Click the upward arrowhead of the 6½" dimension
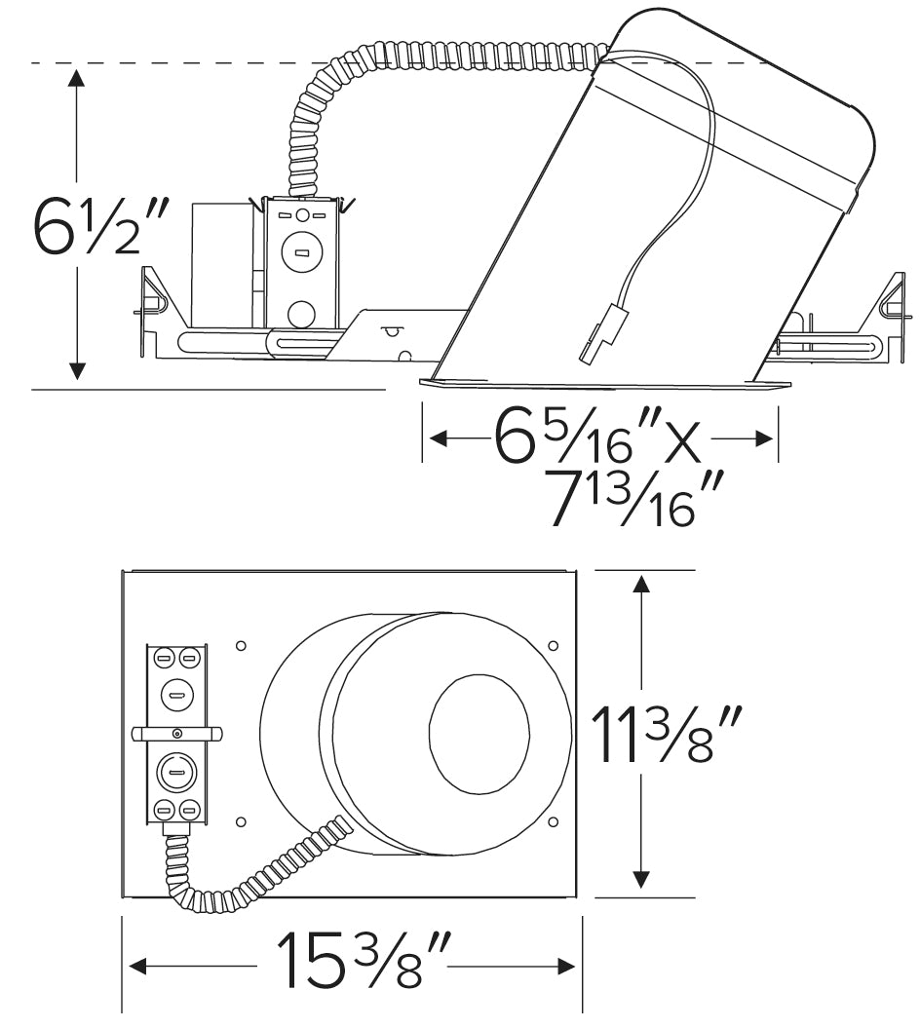point(77,78)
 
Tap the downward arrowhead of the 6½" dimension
point(77,370)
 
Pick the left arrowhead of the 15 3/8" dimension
point(138,966)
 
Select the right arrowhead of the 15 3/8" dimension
point(565,966)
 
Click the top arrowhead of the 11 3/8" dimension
point(640,585)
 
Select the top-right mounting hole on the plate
point(554,645)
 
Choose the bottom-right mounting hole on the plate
point(554,820)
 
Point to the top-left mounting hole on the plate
point(241,645)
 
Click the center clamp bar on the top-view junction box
point(176,733)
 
